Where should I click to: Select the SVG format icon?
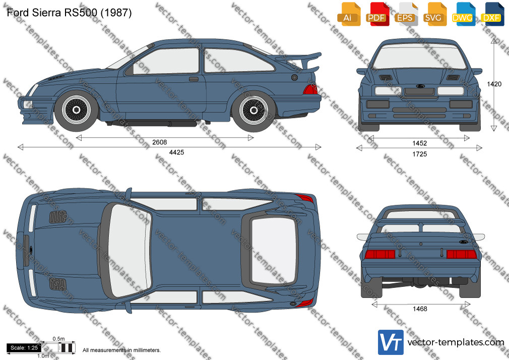coord(434,14)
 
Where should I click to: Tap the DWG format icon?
coord(463,14)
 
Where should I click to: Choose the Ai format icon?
coord(348,14)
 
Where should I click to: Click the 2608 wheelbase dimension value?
coord(159,142)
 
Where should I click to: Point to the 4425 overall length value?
coord(176,152)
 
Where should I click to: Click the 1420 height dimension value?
coord(494,84)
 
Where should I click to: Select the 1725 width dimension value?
coord(419,154)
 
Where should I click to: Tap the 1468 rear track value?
coord(420,309)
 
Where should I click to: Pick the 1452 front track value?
coord(419,143)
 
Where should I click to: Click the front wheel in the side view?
coord(76,110)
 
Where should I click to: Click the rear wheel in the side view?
coord(254,110)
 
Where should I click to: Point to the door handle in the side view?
coord(194,79)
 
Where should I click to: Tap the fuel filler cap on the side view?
coord(294,78)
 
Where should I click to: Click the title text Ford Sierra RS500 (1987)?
coord(69,13)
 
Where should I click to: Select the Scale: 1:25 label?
coord(24,348)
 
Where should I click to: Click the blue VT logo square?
coord(391,342)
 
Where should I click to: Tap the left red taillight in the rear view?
coord(379,254)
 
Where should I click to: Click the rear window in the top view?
coord(274,251)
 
